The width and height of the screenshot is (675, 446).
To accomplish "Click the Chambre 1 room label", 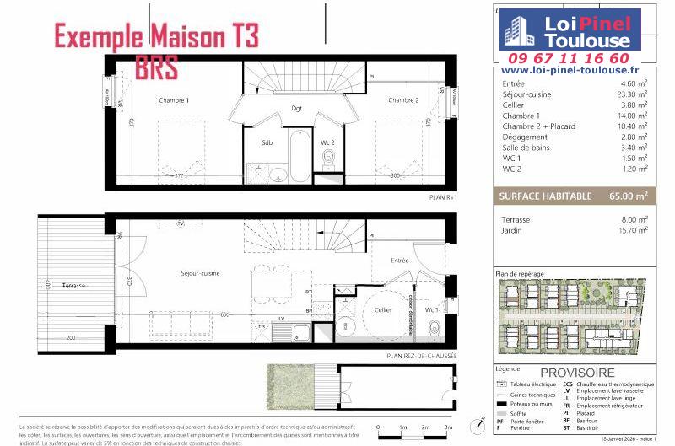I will [174, 100].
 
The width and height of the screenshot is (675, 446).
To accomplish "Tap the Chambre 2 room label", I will [403, 100].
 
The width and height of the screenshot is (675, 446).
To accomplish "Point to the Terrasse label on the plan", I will [75, 286].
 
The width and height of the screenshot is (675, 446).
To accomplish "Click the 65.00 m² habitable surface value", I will [629, 196].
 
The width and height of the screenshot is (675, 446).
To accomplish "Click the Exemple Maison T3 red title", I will [157, 35].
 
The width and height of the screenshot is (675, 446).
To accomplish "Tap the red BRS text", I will [156, 68].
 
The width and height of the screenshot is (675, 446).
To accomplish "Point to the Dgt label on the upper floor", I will [296, 108].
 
